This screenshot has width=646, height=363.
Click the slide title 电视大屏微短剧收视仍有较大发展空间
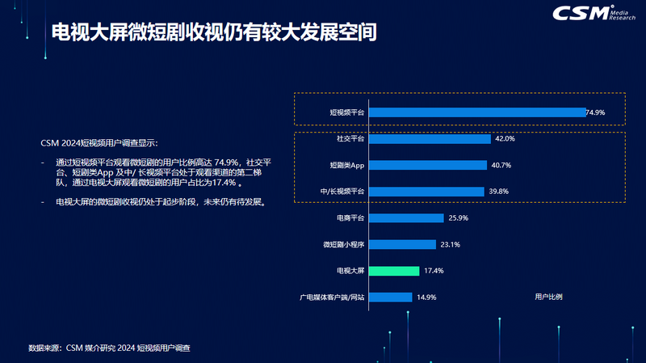pos(214,33)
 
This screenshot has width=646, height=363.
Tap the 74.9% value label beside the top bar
pos(595,112)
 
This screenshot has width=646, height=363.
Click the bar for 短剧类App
pos(428,165)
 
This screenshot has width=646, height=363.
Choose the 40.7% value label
pos(501,165)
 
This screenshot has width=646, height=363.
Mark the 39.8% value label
pos(499,192)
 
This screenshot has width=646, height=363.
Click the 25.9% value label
pos(458,218)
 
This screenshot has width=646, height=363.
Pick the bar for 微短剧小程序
pos(402,244)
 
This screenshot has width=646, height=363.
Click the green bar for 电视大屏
pos(393,271)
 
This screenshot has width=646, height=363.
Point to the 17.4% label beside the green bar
pos(434,271)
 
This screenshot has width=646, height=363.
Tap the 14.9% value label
pos(426,297)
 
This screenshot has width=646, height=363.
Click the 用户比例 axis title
pos(548,297)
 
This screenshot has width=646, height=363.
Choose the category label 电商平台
pos(350,218)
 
